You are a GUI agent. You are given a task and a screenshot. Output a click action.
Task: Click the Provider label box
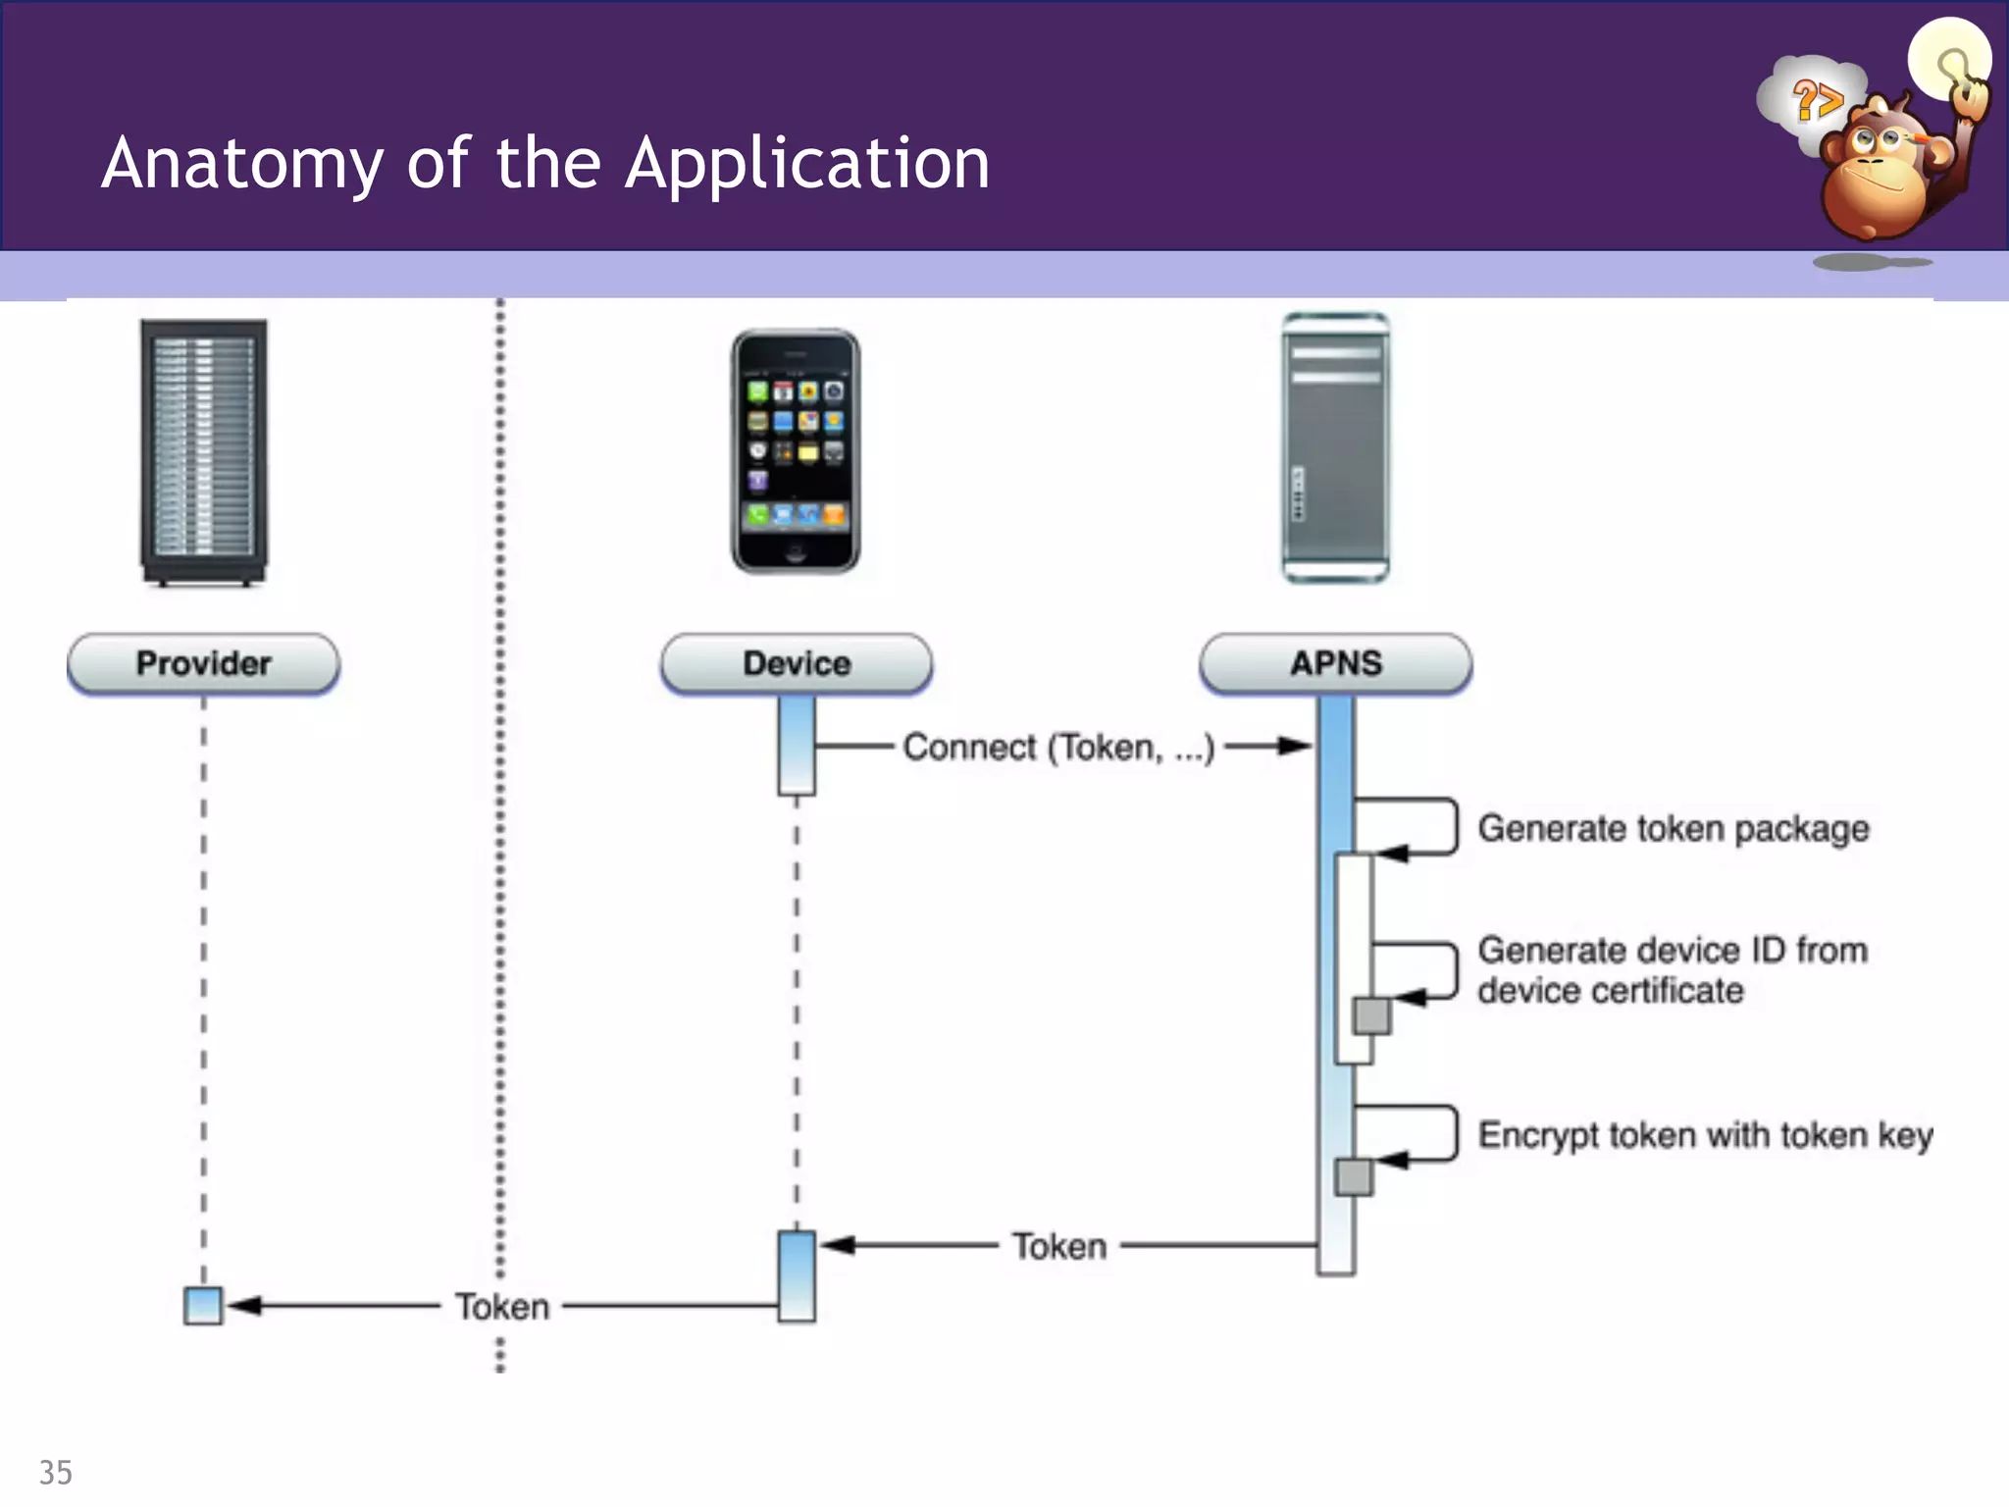coord(203,664)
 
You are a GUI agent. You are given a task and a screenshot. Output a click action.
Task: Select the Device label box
coord(796,664)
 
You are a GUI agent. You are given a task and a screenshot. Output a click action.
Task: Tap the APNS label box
coord(1335,664)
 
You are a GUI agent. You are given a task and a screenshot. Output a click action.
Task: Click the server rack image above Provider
coord(203,451)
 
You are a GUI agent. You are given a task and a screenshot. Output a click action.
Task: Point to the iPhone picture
coord(796,451)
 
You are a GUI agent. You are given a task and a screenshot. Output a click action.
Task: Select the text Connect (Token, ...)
coord(1058,748)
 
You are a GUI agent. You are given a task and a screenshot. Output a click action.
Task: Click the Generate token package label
coord(1673,829)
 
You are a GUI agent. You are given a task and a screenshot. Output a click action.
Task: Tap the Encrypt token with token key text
coord(1705,1135)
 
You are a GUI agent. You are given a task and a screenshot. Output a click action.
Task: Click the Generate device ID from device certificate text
coord(1672,970)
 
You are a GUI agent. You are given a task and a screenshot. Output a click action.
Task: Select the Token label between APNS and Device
coord(1059,1247)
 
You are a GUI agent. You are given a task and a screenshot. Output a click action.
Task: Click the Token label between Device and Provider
coord(501,1307)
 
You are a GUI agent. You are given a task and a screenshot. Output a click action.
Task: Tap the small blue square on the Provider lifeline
coord(203,1306)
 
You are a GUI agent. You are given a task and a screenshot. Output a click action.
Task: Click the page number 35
coord(55,1473)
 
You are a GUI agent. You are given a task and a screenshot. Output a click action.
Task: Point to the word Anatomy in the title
coord(242,164)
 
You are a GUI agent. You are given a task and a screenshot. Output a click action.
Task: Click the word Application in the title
coord(806,164)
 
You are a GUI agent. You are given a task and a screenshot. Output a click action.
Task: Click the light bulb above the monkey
coord(1949,59)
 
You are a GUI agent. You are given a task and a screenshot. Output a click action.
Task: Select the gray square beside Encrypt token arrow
coord(1354,1176)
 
